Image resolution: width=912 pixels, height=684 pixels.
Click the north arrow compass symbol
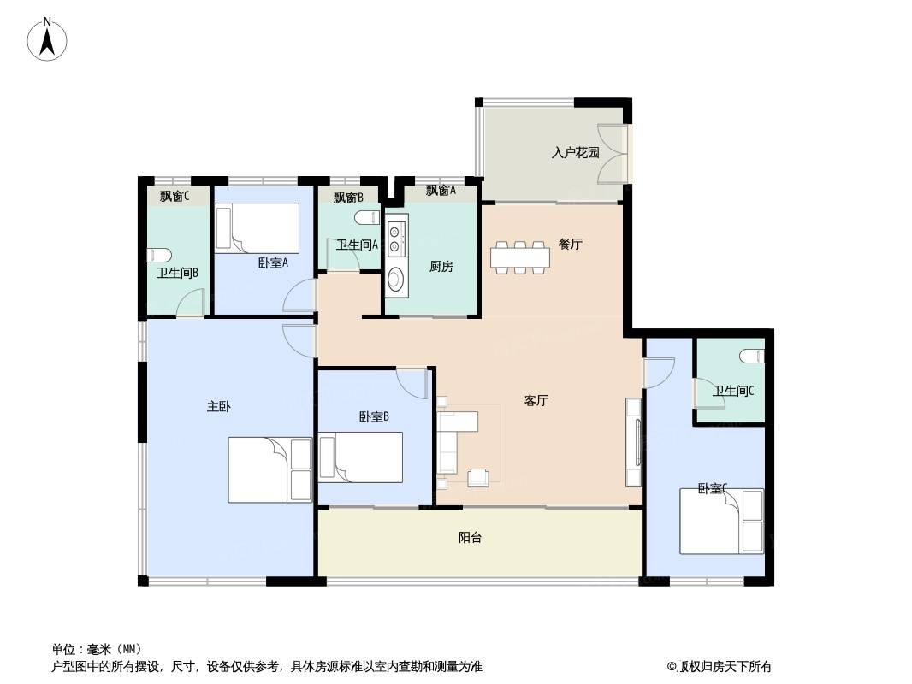(47, 39)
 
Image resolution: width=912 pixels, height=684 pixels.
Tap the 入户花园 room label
(575, 153)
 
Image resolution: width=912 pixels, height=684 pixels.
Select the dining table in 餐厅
(520, 256)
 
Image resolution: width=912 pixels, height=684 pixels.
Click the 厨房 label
(441, 266)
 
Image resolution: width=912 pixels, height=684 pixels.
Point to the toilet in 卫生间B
(159, 255)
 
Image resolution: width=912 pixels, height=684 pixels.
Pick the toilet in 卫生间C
(751, 355)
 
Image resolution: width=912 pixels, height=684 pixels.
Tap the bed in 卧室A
(257, 227)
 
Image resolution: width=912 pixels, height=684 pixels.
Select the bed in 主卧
(269, 469)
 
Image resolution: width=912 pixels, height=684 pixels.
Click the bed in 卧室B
(361, 457)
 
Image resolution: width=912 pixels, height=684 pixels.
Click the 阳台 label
(470, 538)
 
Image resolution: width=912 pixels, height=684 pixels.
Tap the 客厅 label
(536, 400)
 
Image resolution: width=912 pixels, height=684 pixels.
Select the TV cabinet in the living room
(633, 442)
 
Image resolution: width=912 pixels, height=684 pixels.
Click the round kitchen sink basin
(395, 279)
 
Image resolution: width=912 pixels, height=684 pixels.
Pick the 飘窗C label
(175, 197)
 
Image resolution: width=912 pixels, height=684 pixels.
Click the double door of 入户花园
(613, 153)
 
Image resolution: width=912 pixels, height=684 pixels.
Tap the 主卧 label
(219, 406)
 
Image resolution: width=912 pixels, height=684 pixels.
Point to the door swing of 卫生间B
(190, 303)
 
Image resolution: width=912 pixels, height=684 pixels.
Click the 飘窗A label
(441, 190)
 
